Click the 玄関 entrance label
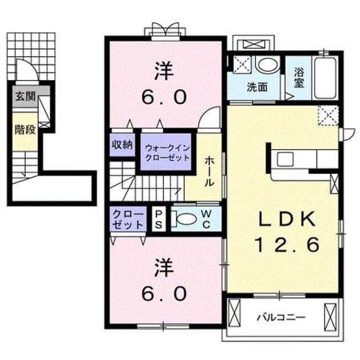25,97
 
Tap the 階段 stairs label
25,130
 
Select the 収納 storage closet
122,145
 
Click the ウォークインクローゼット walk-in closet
166,152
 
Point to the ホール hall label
209,171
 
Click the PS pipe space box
158,219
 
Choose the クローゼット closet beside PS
128,219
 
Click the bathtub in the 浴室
325,78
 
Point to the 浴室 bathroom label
299,78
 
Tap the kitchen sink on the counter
285,159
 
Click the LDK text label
287,219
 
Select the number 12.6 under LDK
287,245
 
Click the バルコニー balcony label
281,318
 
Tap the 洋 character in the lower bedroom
164,267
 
